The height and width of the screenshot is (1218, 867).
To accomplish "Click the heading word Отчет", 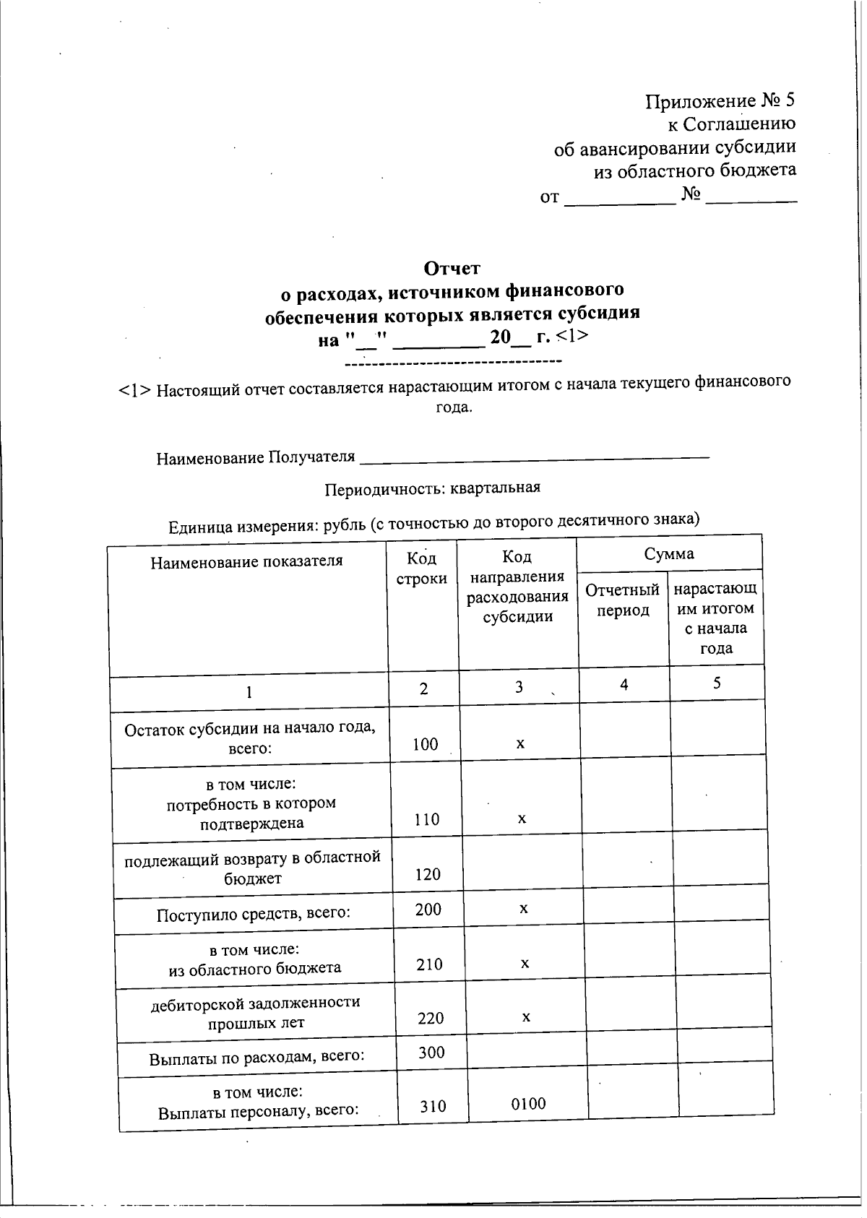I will pyautogui.click(x=452, y=269).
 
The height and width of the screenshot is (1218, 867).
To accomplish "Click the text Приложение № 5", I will pyautogui.click(x=720, y=101).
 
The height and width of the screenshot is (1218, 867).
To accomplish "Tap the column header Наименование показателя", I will pyautogui.click(x=246, y=561).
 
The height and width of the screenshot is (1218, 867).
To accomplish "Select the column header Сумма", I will pyautogui.click(x=669, y=553).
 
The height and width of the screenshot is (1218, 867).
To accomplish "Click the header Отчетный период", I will pyautogui.click(x=622, y=600).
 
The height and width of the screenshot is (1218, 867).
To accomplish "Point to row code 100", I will pyautogui.click(x=425, y=744).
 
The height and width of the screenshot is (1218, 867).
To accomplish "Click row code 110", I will pyautogui.click(x=426, y=819).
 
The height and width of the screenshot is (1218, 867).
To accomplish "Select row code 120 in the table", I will pyautogui.click(x=428, y=874).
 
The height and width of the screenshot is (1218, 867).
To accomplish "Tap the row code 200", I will pyautogui.click(x=428, y=909).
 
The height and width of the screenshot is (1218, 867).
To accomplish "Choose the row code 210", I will pyautogui.click(x=429, y=964).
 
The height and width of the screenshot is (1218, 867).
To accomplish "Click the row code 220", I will pyautogui.click(x=431, y=1018).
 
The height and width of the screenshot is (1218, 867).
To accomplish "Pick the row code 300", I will pyautogui.click(x=431, y=1052).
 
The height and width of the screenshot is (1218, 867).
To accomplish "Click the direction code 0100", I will pyautogui.click(x=528, y=1103).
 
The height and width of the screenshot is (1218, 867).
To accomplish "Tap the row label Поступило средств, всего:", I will pyautogui.click(x=254, y=915).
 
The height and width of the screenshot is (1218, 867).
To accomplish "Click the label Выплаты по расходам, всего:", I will pyautogui.click(x=256, y=1058).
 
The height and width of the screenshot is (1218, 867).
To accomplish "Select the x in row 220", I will pyautogui.click(x=526, y=1017).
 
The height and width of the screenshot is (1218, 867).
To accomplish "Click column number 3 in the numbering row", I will pyautogui.click(x=519, y=687).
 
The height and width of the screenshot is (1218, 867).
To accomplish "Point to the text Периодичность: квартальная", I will pyautogui.click(x=432, y=488).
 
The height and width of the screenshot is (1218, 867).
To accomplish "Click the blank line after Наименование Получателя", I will pyautogui.click(x=535, y=457).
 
